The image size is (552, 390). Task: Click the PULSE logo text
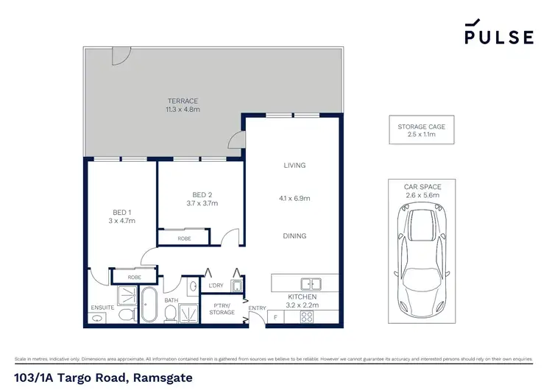click(498, 37)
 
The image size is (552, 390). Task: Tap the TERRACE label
click(183, 101)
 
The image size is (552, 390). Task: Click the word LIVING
click(294, 166)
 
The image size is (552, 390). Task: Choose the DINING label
click(294, 236)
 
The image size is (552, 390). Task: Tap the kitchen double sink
click(310, 283)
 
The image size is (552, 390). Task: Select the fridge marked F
click(276, 317)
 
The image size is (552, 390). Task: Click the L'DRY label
click(216, 286)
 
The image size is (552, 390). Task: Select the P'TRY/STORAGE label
click(223, 309)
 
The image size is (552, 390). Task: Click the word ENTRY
click(257, 308)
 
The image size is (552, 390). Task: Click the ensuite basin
click(97, 318)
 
